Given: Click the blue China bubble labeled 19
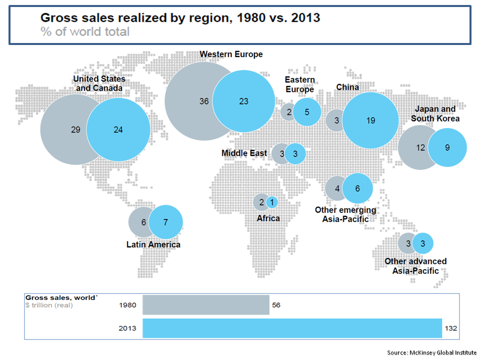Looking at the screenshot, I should click(x=370, y=120).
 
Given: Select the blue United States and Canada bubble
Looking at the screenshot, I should click(x=118, y=129).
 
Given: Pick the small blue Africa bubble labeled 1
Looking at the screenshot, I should click(x=272, y=202).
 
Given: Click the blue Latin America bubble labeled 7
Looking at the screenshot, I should click(x=166, y=221).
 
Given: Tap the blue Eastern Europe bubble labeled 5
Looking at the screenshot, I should click(x=307, y=111).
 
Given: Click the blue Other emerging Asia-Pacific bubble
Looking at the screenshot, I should click(x=357, y=188).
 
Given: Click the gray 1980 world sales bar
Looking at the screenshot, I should click(x=205, y=304).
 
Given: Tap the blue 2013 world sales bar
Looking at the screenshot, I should click(x=292, y=328).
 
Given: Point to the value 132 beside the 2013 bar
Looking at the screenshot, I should click(x=450, y=328).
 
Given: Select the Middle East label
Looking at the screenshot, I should click(x=244, y=153).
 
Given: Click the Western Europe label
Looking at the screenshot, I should click(x=231, y=54).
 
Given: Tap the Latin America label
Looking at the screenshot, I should click(x=153, y=244).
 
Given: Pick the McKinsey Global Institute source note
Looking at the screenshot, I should click(x=431, y=352).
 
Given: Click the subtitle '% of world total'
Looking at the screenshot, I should click(x=84, y=31).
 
